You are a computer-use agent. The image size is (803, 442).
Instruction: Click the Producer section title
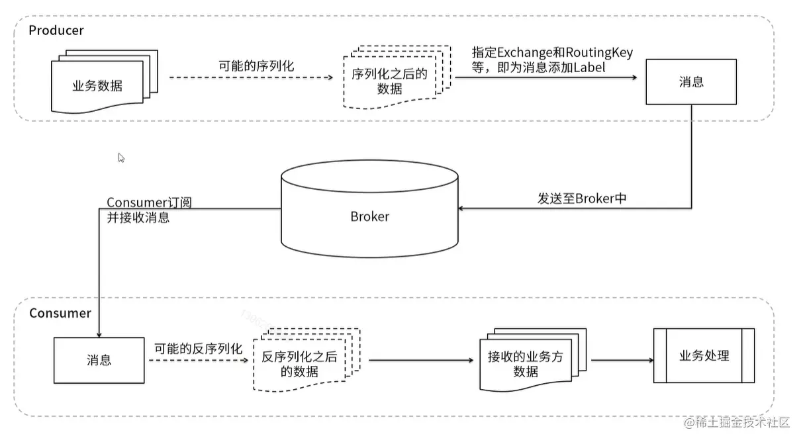[x=56, y=31]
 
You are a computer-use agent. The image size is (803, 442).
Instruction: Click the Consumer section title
[x=60, y=313]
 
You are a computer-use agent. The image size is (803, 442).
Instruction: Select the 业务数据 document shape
[x=98, y=85]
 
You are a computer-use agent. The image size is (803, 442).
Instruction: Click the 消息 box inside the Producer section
[x=691, y=82]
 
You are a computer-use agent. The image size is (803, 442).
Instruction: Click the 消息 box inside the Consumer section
[x=99, y=361]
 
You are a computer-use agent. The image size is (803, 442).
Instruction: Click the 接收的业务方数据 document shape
[x=526, y=363]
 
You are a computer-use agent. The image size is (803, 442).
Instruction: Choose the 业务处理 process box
[x=704, y=355]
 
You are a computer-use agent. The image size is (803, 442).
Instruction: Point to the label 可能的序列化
[x=256, y=66]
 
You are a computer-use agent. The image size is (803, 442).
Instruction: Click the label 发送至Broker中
[x=582, y=199]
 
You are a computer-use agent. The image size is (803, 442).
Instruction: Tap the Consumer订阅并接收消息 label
[x=149, y=209]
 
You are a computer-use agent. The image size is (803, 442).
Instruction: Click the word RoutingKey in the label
[x=600, y=52]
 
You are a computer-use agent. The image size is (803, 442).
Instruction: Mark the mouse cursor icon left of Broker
[x=121, y=157]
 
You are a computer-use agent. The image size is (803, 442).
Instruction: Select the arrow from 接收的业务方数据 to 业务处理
[x=622, y=361]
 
